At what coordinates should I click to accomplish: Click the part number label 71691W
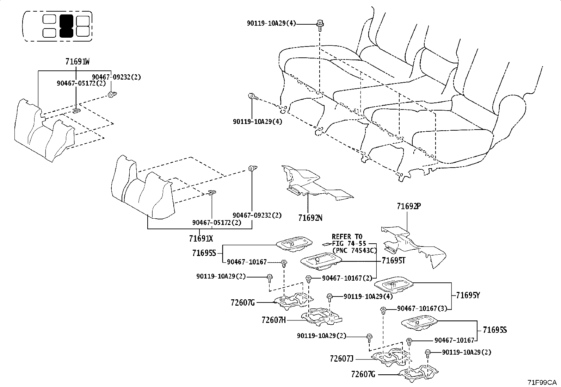tap(77, 62)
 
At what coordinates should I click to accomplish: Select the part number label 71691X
tap(201, 239)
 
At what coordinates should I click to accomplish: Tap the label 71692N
tap(310, 218)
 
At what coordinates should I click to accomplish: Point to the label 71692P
tap(409, 206)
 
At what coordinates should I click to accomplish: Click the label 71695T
tap(394, 261)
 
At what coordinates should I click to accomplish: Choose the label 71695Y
tap(468, 295)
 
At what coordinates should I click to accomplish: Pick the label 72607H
tap(274, 320)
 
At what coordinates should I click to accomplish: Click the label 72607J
tap(341, 358)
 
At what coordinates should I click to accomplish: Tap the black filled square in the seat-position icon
tap(66, 26)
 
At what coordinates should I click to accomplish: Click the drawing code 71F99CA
tap(542, 382)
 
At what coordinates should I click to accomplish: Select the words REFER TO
tap(347, 237)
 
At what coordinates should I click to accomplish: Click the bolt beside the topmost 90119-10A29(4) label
tap(320, 24)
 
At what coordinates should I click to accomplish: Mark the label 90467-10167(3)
tap(422, 308)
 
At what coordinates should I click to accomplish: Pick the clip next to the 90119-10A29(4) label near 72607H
tap(330, 297)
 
